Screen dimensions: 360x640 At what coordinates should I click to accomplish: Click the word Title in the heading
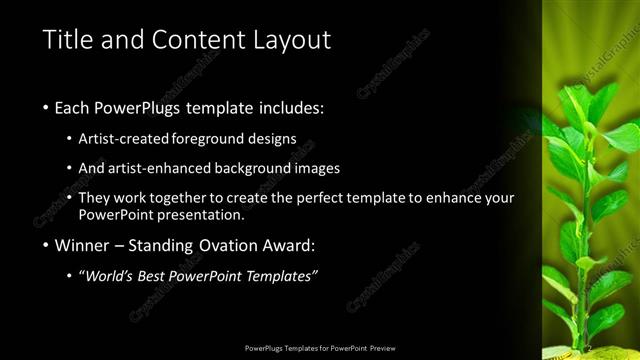click(67, 41)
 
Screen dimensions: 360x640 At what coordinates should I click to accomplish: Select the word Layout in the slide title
click(292, 41)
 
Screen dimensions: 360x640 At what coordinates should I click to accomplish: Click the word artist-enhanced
click(160, 168)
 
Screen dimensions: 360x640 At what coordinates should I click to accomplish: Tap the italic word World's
click(112, 276)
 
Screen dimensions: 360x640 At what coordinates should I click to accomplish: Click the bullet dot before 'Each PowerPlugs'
click(47, 108)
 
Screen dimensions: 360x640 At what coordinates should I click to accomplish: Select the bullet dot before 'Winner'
click(47, 245)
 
